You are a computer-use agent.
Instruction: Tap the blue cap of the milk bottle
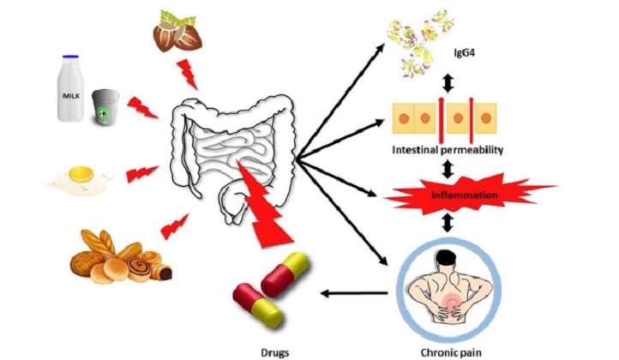(70, 57)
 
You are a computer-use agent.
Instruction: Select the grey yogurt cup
(105, 107)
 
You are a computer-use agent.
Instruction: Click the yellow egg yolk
(81, 173)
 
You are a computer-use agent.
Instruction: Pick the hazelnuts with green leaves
(177, 32)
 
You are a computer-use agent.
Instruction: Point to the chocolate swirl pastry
(140, 268)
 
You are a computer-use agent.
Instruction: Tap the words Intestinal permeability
(448, 150)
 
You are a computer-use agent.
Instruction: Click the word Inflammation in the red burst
(465, 195)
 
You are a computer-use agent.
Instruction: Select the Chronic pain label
(451, 352)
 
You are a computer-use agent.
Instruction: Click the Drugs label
(274, 352)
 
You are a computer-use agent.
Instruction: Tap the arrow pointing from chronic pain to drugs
(354, 293)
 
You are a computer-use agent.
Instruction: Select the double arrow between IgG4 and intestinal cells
(448, 83)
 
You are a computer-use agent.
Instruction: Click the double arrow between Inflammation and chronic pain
(448, 222)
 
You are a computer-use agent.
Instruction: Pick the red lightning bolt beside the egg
(141, 173)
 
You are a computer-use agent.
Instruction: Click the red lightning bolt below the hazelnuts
(188, 75)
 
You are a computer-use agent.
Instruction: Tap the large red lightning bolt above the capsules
(264, 205)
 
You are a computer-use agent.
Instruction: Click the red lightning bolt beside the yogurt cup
(142, 107)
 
